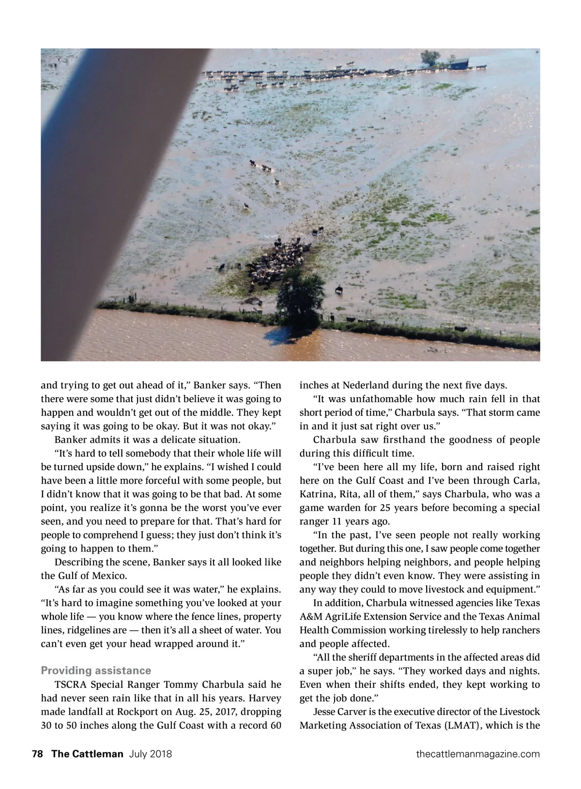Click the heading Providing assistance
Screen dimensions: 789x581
[96, 670]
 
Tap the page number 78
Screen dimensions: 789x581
[37, 754]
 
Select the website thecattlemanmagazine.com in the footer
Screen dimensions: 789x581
[478, 754]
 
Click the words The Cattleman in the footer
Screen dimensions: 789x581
[87, 754]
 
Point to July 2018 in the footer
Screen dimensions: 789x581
[151, 754]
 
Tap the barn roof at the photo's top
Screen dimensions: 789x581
[459, 62]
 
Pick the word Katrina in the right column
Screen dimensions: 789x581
[317, 494]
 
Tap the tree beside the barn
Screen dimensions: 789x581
[430, 58]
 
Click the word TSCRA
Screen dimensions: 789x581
[71, 685]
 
